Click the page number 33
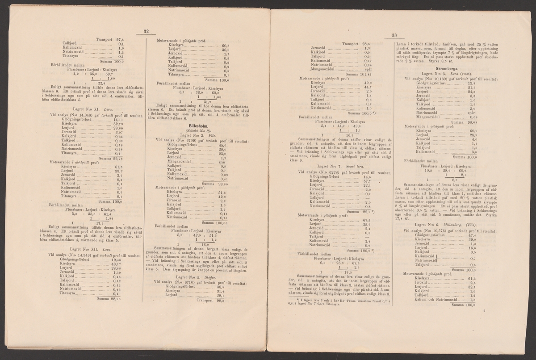394,36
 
